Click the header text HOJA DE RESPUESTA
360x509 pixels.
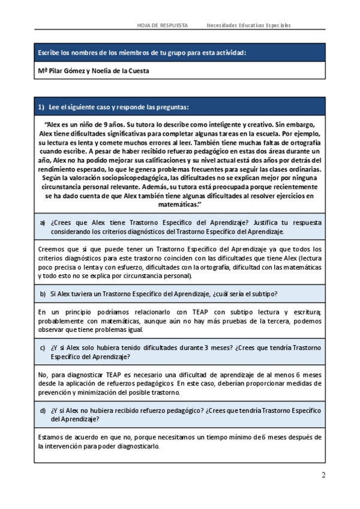(x=162, y=25)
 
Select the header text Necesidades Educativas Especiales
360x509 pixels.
(x=248, y=25)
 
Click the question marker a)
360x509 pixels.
(x=43, y=223)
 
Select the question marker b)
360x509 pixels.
(x=43, y=294)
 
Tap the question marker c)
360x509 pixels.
(x=43, y=348)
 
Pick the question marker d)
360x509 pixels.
(x=43, y=411)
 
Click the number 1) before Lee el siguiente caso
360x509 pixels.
(x=41, y=107)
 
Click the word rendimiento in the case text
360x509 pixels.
(x=58, y=170)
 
